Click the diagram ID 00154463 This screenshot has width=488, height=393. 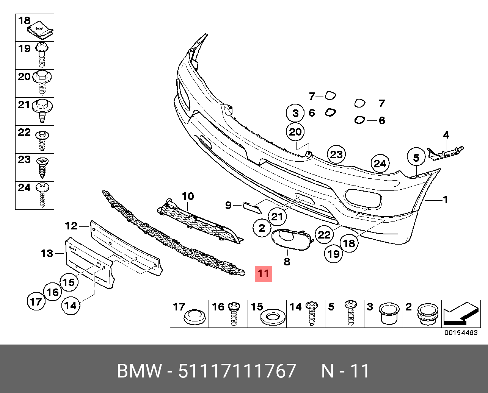(461, 333)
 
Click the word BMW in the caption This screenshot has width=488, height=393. (139, 371)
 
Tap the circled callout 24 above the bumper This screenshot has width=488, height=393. (380, 163)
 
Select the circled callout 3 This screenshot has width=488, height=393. (295, 113)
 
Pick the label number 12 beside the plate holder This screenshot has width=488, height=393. (71, 226)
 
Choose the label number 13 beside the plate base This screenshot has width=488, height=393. (47, 253)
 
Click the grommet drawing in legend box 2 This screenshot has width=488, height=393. (428, 314)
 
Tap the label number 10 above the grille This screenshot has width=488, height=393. (188, 196)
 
